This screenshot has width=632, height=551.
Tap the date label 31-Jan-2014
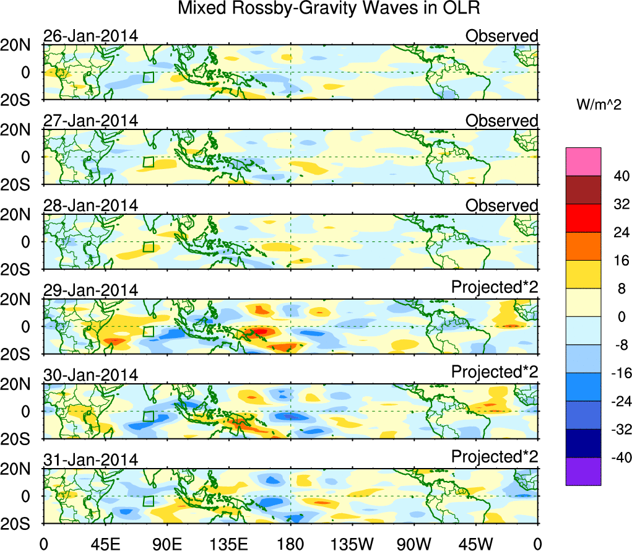point(90,460)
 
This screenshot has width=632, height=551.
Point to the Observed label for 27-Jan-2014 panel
point(501,121)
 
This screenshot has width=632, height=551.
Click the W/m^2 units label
point(599,106)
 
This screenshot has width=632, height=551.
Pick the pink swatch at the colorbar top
point(583,162)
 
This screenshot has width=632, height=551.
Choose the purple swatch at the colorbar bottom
point(583,472)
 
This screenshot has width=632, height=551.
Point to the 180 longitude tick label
point(290,543)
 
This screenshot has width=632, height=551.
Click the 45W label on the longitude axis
point(477,543)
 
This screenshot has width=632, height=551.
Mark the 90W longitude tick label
point(414,543)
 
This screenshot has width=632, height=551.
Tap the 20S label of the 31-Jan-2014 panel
point(21,523)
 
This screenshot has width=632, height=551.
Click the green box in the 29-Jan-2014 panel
point(148,331)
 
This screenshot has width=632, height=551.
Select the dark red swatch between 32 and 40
point(583,190)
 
